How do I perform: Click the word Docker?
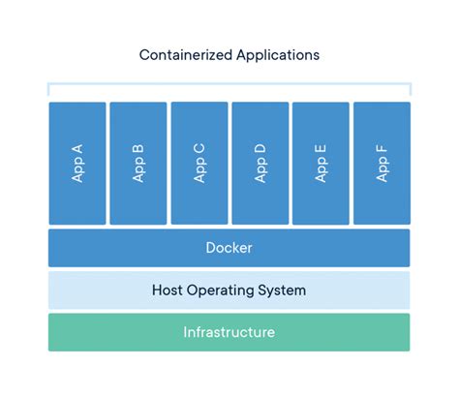229,248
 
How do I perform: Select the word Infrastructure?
229,332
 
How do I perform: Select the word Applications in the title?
277,55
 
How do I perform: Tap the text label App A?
77,163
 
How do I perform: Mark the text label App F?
382,163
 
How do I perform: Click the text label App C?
199,163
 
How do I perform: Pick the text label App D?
260,163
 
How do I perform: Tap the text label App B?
138,163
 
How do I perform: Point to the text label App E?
321,163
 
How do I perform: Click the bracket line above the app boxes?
229,84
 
